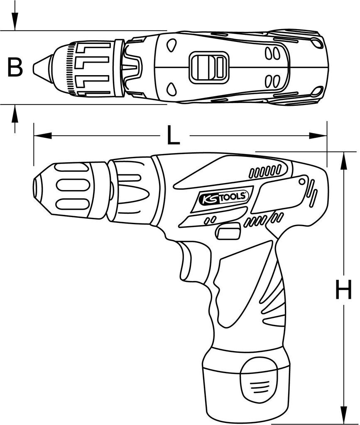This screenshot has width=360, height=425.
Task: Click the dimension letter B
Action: pos(15,67)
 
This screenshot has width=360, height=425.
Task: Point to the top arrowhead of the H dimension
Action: pos(343,160)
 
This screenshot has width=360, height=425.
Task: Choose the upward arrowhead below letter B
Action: pos(15,112)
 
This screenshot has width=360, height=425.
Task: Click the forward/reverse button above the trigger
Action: pos(229,230)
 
